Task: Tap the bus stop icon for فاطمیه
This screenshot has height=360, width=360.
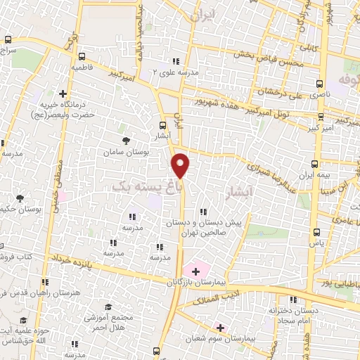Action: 83,56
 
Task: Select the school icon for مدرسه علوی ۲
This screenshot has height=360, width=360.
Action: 176,61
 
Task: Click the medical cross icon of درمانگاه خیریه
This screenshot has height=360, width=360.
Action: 63,93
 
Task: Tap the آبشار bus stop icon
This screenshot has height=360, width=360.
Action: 163,127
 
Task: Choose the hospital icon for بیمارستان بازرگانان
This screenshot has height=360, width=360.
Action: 195,271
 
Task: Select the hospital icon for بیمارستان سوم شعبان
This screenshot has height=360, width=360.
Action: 220,327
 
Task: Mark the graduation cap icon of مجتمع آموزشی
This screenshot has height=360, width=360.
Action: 108,308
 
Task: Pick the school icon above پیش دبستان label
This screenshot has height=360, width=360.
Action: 203,212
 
